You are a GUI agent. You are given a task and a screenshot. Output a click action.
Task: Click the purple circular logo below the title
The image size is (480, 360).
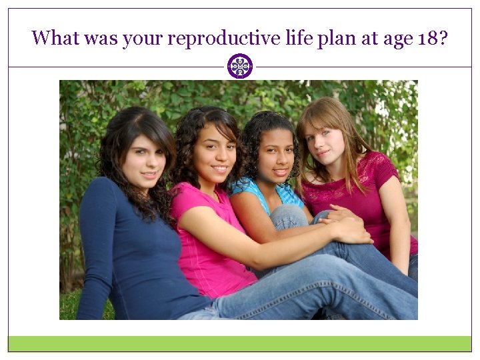click(x=240, y=67)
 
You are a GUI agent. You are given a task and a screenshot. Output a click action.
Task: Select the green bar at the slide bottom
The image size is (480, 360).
click(x=240, y=343)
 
